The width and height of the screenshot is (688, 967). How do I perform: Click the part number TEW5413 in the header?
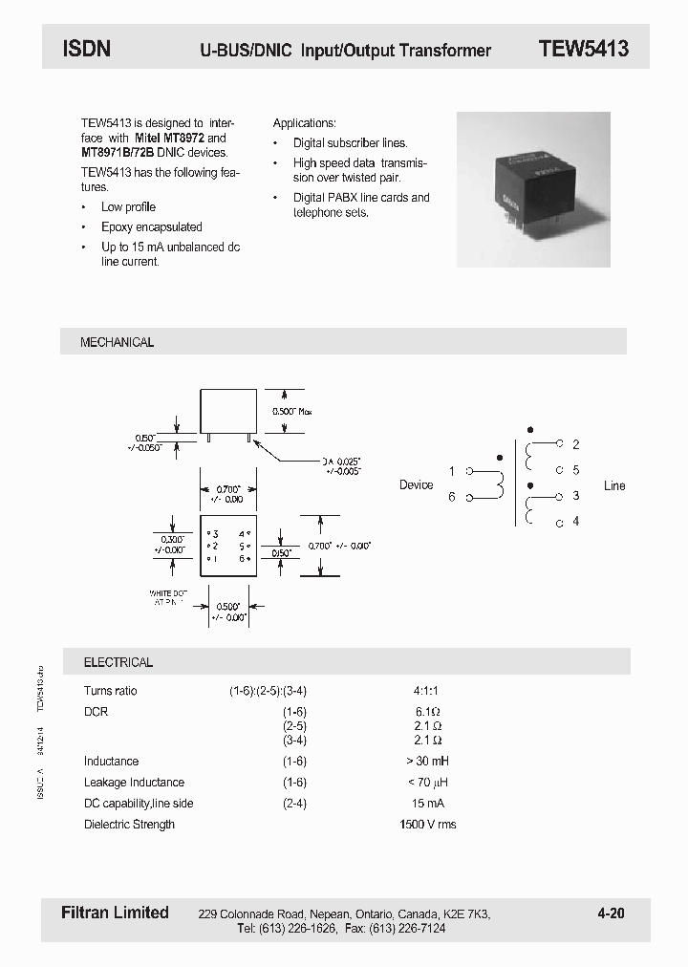583,49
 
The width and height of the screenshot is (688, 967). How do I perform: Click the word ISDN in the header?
87,49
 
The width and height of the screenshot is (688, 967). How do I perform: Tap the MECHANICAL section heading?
117,342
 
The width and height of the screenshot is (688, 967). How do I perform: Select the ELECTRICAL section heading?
118,662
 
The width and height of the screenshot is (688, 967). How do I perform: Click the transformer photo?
533,190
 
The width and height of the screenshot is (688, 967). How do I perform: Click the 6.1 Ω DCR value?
427,712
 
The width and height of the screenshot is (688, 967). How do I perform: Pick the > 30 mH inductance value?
426,762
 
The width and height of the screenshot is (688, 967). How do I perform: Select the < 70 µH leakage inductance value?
426,783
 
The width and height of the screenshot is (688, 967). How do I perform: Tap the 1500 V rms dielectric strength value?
427,824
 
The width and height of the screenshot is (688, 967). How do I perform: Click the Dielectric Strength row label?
129,824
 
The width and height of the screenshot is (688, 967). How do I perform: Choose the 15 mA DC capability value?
427,804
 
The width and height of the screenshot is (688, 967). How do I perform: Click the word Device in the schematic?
416,485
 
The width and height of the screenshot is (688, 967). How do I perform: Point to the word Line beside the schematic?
614,485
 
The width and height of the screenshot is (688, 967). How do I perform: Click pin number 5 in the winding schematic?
576,470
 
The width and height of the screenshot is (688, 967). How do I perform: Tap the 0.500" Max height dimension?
291,411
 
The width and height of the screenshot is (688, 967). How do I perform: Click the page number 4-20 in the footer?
611,913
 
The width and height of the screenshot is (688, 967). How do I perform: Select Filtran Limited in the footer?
108,913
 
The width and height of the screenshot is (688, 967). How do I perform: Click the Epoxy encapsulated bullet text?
152,227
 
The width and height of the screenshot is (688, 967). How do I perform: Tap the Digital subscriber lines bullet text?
350,143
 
